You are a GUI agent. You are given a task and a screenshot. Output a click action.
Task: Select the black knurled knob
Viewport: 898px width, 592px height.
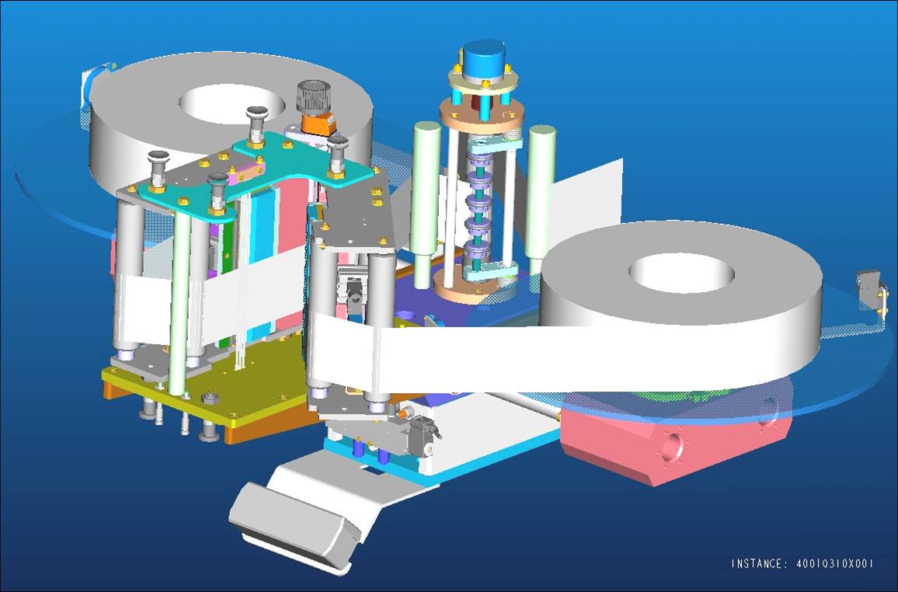(312, 97)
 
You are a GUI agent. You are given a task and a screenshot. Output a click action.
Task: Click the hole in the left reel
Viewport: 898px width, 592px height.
(232, 103)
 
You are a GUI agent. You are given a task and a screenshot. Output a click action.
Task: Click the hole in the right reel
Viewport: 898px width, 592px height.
(681, 273)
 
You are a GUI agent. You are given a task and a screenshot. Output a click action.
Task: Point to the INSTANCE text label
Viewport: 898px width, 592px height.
(802, 563)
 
